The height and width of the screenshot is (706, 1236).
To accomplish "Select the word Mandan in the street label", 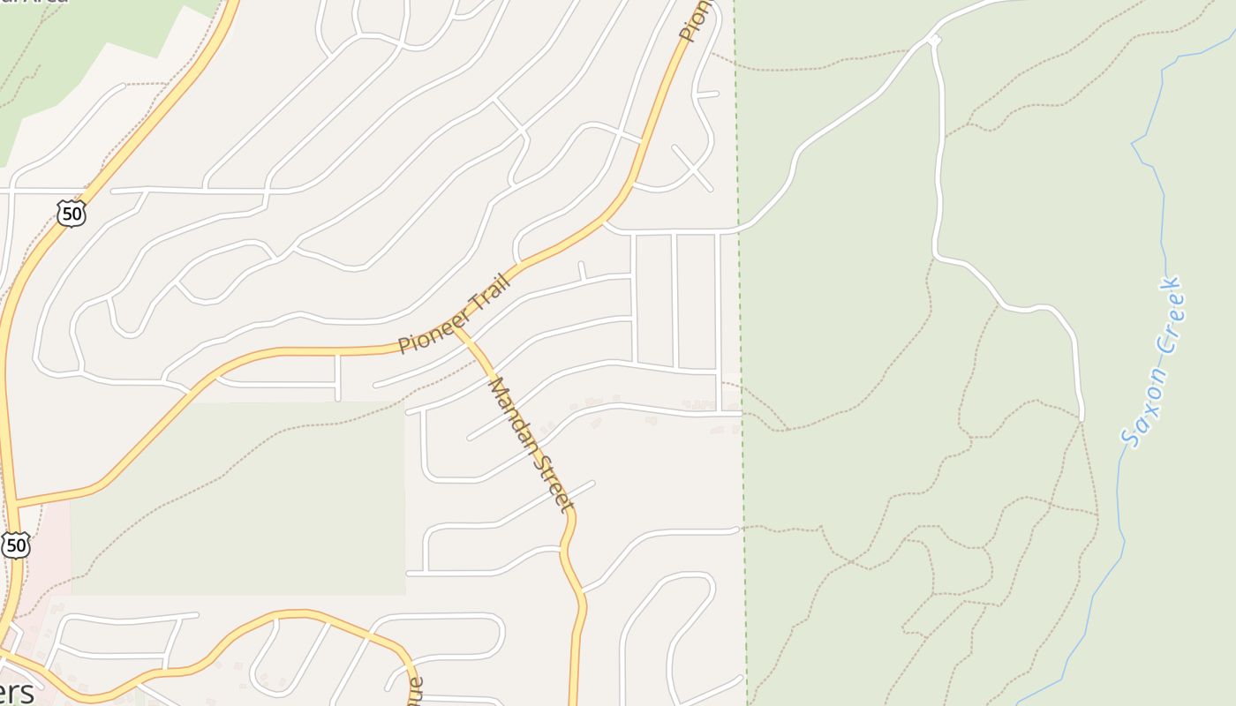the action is pyautogui.click(x=513, y=413).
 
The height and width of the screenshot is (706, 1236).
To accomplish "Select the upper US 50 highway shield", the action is pyautogui.click(x=71, y=212).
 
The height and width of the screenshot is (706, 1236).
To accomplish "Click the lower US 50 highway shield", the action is pyautogui.click(x=15, y=545).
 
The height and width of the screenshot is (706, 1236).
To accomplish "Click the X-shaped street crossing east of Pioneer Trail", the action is pyautogui.click(x=692, y=168).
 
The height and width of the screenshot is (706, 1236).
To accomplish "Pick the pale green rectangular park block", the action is pyautogui.click(x=238, y=499).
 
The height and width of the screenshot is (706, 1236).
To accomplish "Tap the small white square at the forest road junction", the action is pyautogui.click(x=933, y=40).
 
